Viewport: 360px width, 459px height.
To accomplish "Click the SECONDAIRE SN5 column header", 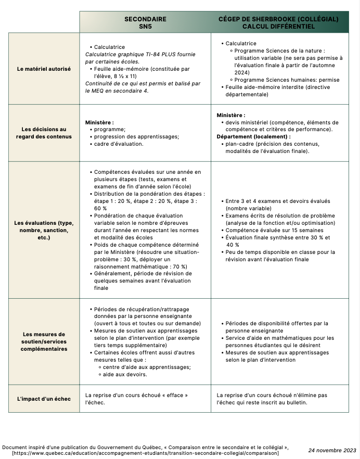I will [145, 22].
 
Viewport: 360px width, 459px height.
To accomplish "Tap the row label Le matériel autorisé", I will [44, 69].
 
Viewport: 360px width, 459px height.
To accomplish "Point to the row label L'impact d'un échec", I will [44, 399].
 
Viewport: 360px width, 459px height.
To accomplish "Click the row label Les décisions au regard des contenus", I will [44, 133].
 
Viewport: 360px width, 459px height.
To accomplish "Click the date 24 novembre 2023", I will [332, 450].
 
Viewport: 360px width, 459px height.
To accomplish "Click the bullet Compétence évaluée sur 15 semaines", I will [271, 230].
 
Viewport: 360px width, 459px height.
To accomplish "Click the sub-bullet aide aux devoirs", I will [125, 374].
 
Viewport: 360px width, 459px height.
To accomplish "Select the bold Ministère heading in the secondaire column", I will [99, 122].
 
